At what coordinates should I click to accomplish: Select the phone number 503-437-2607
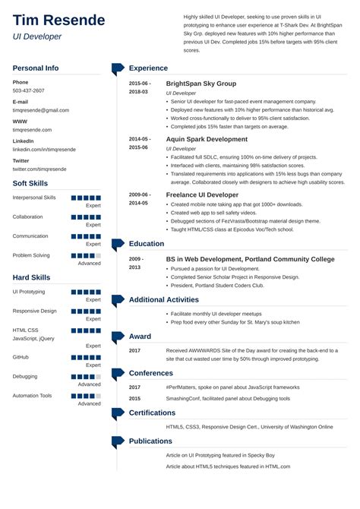[29, 90]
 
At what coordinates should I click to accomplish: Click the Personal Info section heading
[36, 68]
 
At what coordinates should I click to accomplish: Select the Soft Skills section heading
[30, 184]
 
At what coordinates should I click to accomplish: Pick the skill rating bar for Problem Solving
[86, 256]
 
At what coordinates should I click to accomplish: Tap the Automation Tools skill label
[33, 396]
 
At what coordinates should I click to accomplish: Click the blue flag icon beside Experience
[118, 69]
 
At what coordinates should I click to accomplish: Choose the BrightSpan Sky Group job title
[201, 84]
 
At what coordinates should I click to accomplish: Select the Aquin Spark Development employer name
[206, 140]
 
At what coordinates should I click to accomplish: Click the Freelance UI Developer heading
[201, 195]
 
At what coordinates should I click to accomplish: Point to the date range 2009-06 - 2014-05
[139, 199]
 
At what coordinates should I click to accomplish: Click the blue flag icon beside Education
[118, 245]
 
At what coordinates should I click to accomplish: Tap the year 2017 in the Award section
[134, 350]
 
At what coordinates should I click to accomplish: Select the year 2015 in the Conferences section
[134, 398]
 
